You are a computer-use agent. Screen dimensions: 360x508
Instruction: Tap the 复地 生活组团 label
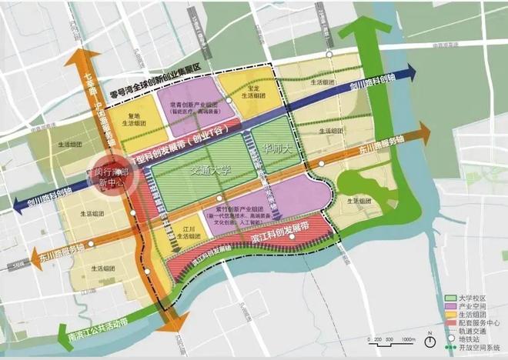[134, 119]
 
